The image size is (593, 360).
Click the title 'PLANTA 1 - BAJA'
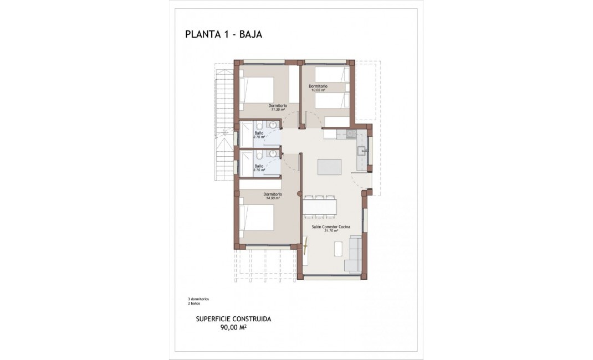pyautogui.click(x=223, y=34)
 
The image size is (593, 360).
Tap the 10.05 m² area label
pyautogui.click(x=318, y=90)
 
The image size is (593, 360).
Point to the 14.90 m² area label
pyautogui.click(x=272, y=198)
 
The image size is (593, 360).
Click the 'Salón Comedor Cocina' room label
pyautogui.click(x=327, y=227)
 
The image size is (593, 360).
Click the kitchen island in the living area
pyautogui.click(x=329, y=167)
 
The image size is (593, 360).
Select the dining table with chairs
pyautogui.click(x=319, y=206)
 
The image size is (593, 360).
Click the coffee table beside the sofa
pyautogui.click(x=338, y=249)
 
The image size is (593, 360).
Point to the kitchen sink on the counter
pyautogui.click(x=364, y=151)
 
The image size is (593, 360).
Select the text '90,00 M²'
pyautogui.click(x=233, y=327)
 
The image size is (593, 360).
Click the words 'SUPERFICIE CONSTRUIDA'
pyautogui.click(x=233, y=319)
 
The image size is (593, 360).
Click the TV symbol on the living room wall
pyautogui.click(x=305, y=244)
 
